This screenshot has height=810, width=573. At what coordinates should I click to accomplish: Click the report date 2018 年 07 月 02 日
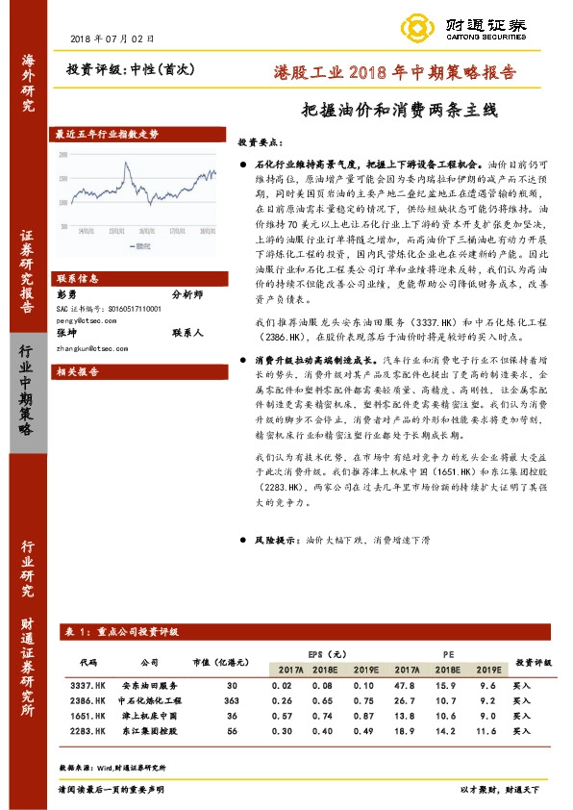click(112, 38)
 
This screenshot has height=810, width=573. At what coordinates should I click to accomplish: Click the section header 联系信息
click(75, 275)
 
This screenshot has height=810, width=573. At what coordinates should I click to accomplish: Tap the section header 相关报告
click(75, 369)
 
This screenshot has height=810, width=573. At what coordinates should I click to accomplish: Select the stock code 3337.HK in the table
click(88, 685)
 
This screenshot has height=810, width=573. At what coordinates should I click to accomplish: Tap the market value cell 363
click(231, 700)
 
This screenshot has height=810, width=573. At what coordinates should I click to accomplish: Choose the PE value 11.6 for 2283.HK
click(488, 731)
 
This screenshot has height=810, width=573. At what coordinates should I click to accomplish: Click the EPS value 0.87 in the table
click(363, 716)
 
